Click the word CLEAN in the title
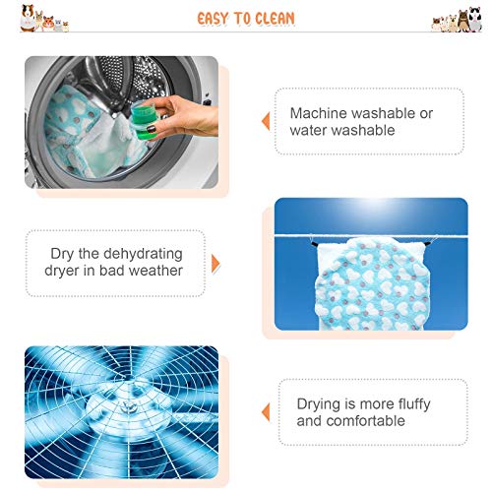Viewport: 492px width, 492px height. (x=275, y=19)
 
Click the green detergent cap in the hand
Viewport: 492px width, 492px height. (x=144, y=120)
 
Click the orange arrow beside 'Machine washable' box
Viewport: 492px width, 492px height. (x=266, y=121)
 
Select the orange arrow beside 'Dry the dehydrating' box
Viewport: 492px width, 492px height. (x=215, y=264)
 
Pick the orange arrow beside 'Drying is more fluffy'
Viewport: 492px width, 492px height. (x=266, y=412)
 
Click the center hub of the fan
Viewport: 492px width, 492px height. (x=126, y=406)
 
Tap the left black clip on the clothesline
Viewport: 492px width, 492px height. (x=314, y=244)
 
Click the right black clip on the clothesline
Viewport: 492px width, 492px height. (x=427, y=244)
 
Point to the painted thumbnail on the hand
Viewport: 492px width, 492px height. (x=152, y=129)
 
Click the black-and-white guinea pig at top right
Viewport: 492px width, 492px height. (x=474, y=19)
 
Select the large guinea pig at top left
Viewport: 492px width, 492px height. (x=28, y=18)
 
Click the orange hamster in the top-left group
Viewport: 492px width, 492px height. (x=48, y=23)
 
